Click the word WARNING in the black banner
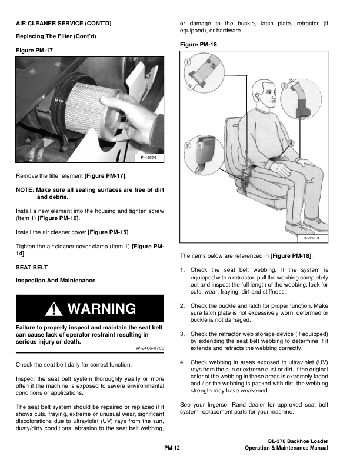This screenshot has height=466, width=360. click(102, 309)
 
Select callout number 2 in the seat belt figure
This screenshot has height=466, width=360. click(187, 145)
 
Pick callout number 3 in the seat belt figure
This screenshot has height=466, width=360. click(284, 86)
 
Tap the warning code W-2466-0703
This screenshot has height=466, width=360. click(149, 348)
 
